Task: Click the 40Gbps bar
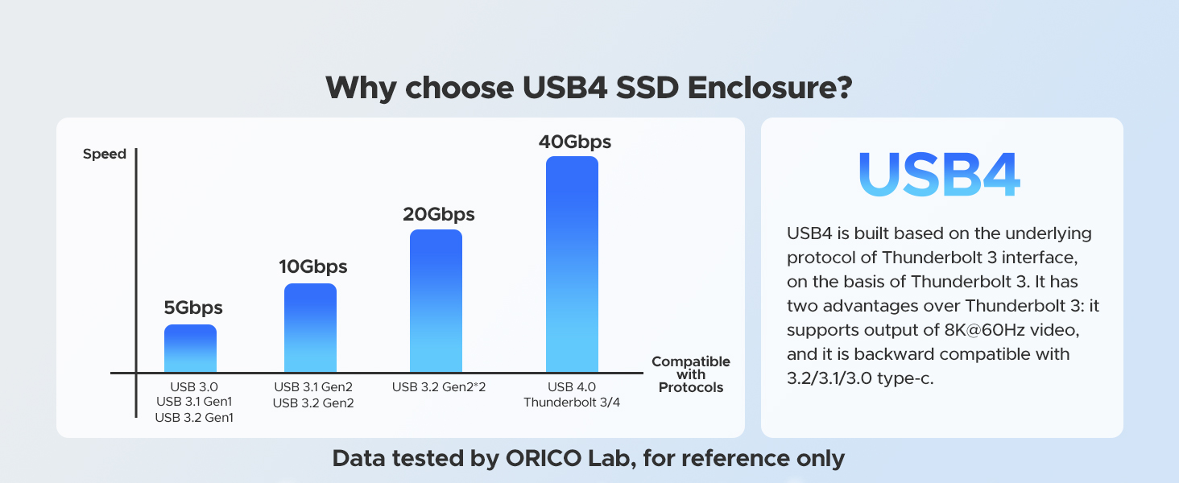(x=572, y=264)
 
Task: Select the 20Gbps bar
(x=436, y=300)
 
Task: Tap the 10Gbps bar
(x=310, y=328)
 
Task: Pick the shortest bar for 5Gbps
(x=190, y=348)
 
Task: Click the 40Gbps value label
(x=574, y=142)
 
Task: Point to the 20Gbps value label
(x=438, y=215)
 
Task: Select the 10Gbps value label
(x=312, y=267)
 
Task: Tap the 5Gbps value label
(x=193, y=308)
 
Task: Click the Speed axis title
(x=105, y=154)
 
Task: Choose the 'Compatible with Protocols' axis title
(x=690, y=374)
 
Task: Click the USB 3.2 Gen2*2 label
(x=439, y=387)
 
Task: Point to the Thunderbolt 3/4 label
(x=572, y=402)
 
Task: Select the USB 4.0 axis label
(x=572, y=387)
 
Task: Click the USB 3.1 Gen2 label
(x=313, y=387)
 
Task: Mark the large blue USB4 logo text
(x=940, y=175)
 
